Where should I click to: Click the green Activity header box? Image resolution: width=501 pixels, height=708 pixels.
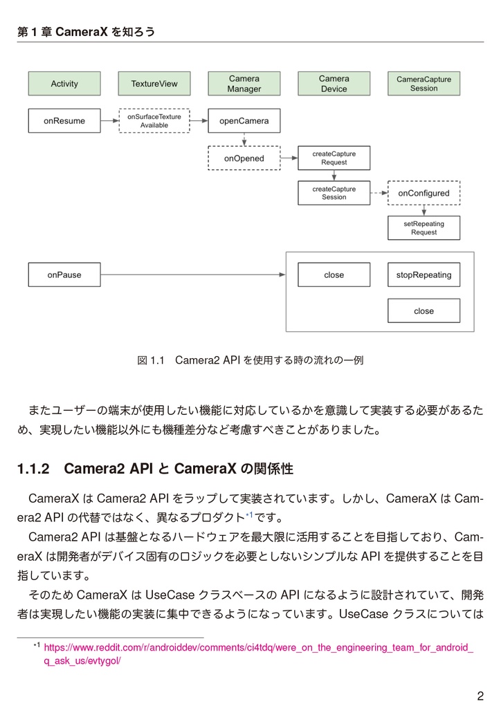[x=64, y=84]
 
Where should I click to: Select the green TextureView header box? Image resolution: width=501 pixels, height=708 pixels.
[x=154, y=84]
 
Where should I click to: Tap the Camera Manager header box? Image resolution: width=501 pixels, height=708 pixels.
[x=244, y=84]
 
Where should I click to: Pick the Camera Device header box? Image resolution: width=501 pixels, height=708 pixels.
[x=334, y=84]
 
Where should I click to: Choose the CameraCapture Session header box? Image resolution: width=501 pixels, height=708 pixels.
[x=423, y=84]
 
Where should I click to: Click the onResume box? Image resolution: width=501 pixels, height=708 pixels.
[x=64, y=121]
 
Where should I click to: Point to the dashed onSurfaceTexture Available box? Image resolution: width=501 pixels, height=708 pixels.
[x=154, y=121]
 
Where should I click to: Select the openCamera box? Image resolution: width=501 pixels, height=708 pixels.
[x=244, y=121]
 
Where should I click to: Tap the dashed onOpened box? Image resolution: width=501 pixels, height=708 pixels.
[x=244, y=158]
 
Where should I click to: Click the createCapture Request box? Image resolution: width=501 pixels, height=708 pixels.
[x=334, y=158]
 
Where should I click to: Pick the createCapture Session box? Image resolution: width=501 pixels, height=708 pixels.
[x=334, y=193]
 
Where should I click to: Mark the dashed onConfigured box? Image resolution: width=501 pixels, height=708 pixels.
[x=423, y=193]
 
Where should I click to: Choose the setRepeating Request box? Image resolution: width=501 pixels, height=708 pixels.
[x=423, y=228]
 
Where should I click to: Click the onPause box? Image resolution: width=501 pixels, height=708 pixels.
[x=64, y=274]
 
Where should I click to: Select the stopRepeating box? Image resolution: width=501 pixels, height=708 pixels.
[x=423, y=274]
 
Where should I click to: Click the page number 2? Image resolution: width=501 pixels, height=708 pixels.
[x=480, y=696]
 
